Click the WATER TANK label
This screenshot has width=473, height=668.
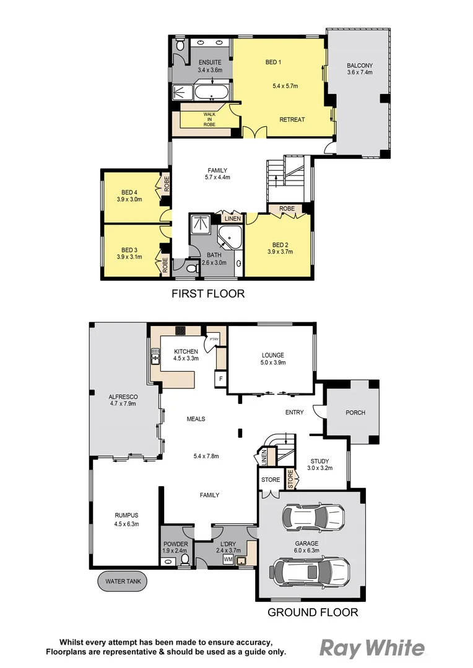pyautogui.click(x=122, y=582)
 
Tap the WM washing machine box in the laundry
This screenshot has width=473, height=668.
pyautogui.click(x=228, y=559)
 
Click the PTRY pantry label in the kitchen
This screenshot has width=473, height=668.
pyautogui.click(x=214, y=339)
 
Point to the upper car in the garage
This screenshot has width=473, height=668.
pyautogui.click(x=313, y=515)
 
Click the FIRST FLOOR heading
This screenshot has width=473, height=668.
pyautogui.click(x=208, y=294)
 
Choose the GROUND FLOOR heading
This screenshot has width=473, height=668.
pyautogui.click(x=313, y=613)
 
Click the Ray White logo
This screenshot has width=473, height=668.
pyautogui.click(x=372, y=648)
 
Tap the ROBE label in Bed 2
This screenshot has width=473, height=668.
pyautogui.click(x=287, y=209)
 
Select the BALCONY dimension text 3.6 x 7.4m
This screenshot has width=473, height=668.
pyautogui.click(x=360, y=72)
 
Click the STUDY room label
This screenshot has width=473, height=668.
pyautogui.click(x=319, y=461)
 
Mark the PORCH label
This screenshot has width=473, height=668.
pyautogui.click(x=355, y=413)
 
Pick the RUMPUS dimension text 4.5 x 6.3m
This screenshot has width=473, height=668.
pyautogui.click(x=126, y=524)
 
